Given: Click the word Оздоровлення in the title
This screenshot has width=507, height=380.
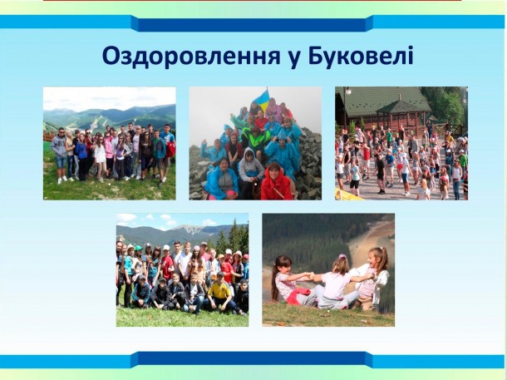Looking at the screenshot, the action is pos(191,57).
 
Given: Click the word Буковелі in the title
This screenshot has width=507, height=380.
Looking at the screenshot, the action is pos(361,56).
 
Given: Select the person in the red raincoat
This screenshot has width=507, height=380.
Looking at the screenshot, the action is pos(277,182).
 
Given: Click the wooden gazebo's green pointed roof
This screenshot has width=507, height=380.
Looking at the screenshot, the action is pos(401,106).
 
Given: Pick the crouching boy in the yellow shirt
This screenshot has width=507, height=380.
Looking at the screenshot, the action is pos(221,293).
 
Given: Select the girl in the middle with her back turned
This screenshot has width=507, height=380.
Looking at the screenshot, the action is pos(336,283).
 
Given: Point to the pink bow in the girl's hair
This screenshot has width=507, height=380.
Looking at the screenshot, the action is pos(342,256).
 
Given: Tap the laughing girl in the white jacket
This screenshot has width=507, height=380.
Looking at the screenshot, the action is pos(374,278).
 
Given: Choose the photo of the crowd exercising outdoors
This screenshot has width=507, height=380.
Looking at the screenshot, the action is pos(401,143).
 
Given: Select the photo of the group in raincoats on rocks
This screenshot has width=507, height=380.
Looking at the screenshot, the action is pos(255,143).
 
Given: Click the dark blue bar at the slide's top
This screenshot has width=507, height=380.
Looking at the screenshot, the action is pos(252,23).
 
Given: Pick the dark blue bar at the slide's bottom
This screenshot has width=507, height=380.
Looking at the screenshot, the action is pos(252,359).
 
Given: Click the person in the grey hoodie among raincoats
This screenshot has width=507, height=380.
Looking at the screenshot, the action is pos(250,171).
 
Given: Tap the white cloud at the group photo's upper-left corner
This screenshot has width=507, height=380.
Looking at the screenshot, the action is pos(126,218).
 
